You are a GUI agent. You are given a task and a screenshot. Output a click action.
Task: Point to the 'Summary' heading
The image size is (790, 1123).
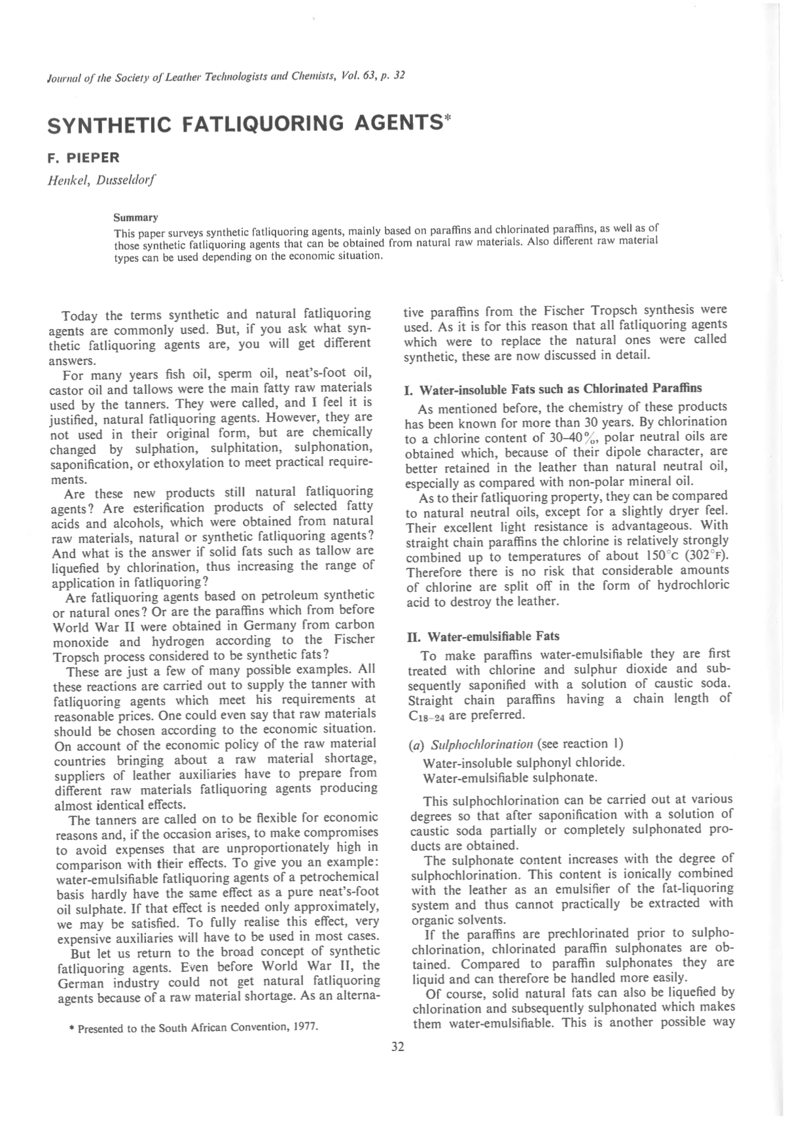[x=135, y=217]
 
